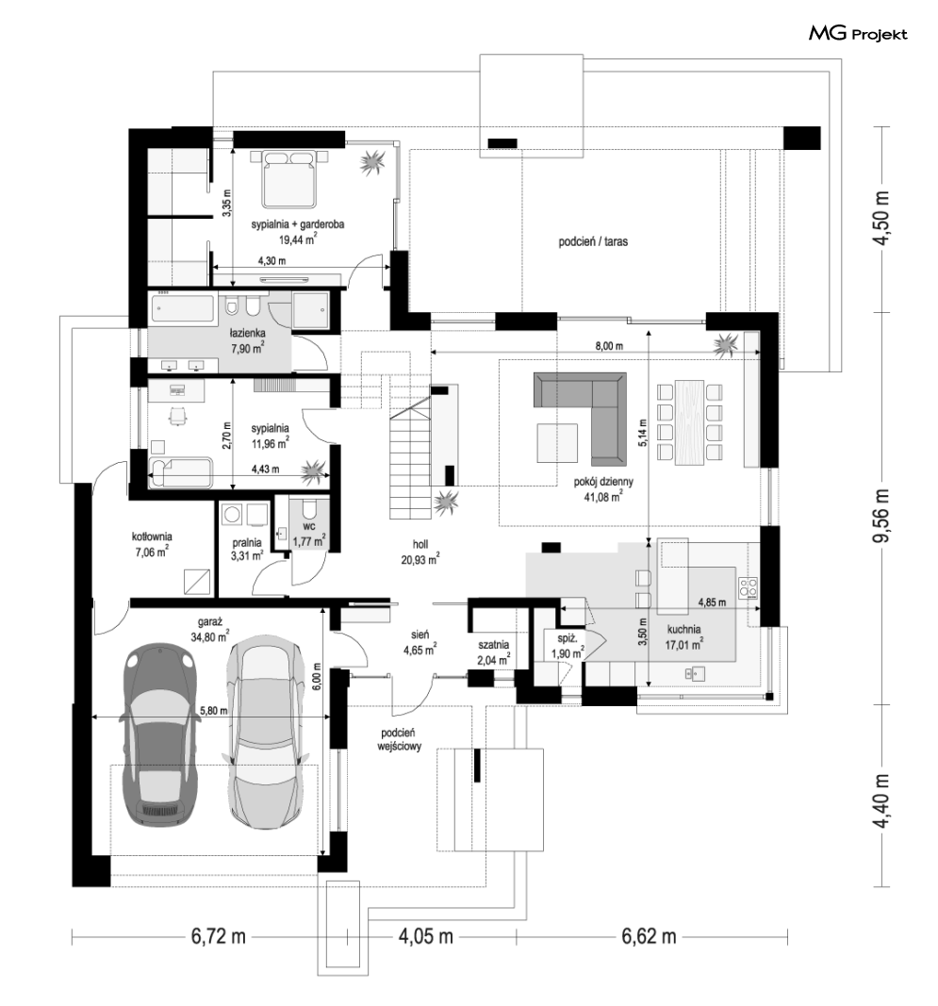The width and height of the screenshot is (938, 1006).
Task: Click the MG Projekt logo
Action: pos(858,33)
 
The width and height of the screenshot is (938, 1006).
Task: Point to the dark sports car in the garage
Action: pos(158,735)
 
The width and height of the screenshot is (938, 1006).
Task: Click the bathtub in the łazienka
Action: pos(183,308)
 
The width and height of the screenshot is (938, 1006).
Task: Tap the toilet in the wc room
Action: pos(308,511)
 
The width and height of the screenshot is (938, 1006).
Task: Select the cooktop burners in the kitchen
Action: pos(749,587)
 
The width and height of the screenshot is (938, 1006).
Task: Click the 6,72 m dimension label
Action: pos(218,936)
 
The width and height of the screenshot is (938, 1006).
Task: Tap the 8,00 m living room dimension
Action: pos(609,346)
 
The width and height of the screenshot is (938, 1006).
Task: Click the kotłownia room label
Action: pos(152,536)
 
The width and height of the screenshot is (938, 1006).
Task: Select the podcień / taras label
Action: pos(593,242)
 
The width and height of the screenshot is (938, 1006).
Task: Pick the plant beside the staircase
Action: pos(445,501)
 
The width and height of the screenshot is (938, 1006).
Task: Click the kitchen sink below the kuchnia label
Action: pos(695,673)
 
